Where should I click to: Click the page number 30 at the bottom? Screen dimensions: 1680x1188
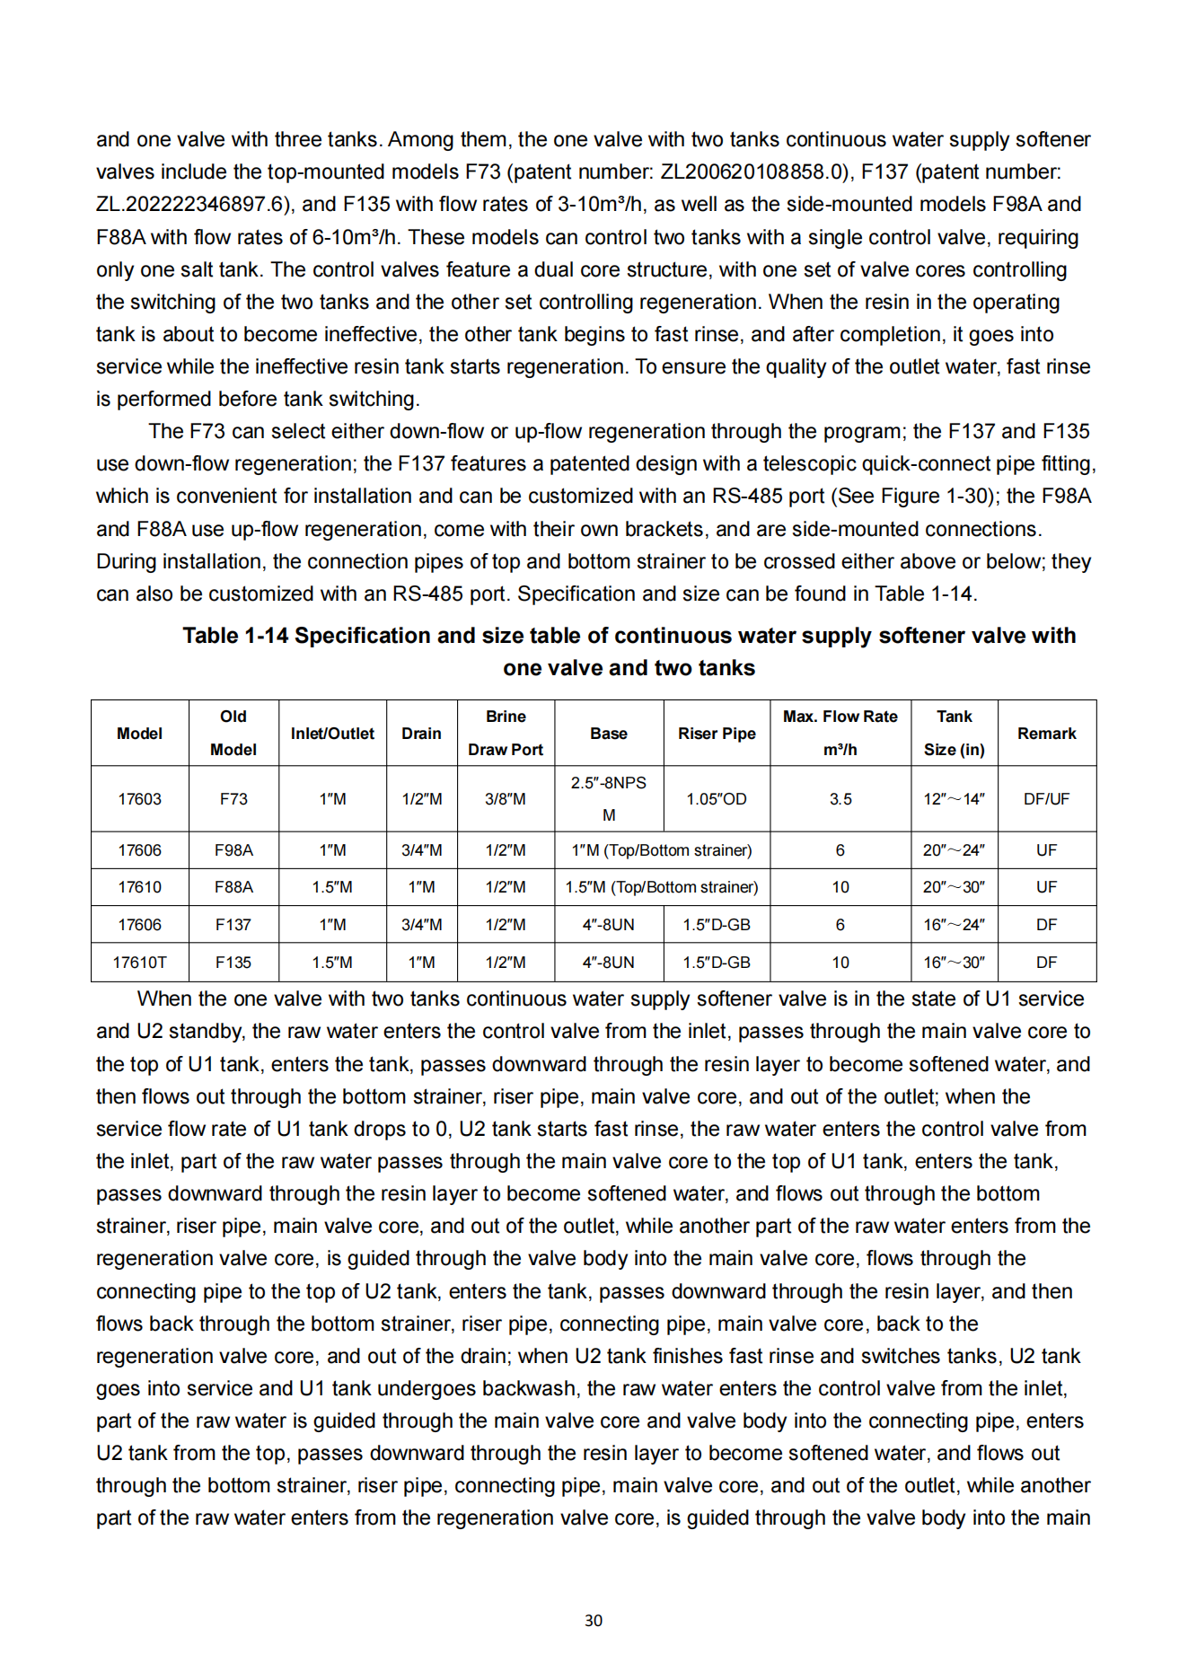[593, 1620]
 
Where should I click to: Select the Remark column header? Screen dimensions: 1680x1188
[1046, 733]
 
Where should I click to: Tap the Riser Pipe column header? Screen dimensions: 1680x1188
[717, 733]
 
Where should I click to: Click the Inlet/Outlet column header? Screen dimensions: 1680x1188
[332, 733]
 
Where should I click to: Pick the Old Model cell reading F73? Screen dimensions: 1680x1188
[233, 798]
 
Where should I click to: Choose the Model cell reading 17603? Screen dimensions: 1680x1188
[139, 798]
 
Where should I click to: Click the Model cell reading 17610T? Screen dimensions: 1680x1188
[139, 962]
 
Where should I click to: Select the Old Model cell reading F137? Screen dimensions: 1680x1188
[233, 924]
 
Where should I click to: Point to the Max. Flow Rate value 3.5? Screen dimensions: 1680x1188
[840, 798]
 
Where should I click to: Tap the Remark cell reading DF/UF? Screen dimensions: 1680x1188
[1046, 798]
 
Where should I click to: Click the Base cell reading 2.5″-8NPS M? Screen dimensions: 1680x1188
[609, 798]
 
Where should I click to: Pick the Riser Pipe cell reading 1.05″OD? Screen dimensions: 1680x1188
[717, 798]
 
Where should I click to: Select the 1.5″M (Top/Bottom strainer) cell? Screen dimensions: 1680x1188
[662, 886]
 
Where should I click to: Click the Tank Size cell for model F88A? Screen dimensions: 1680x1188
[954, 886]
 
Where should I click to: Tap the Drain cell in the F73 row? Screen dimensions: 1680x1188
[421, 798]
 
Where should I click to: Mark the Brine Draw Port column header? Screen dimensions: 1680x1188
[506, 733]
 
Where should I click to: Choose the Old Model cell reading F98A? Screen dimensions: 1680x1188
[233, 849]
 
